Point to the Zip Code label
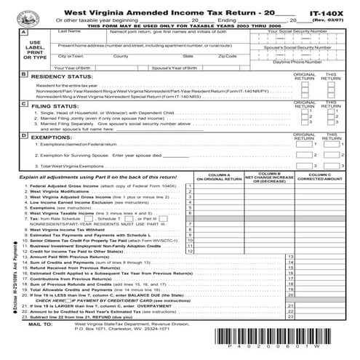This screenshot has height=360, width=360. point(227,56)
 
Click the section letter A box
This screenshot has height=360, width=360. point(24,33)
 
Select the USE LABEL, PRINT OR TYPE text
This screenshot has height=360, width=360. point(24,52)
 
